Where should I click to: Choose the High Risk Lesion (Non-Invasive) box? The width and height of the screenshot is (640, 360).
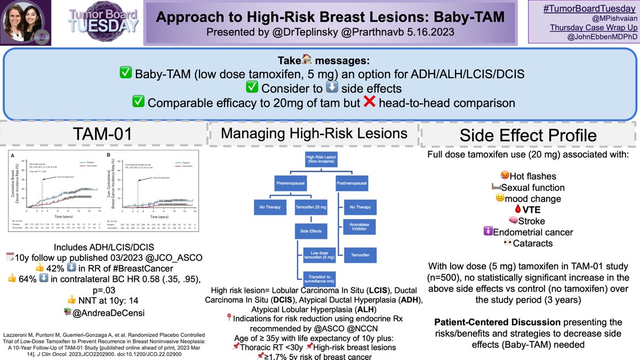coord(318,160)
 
